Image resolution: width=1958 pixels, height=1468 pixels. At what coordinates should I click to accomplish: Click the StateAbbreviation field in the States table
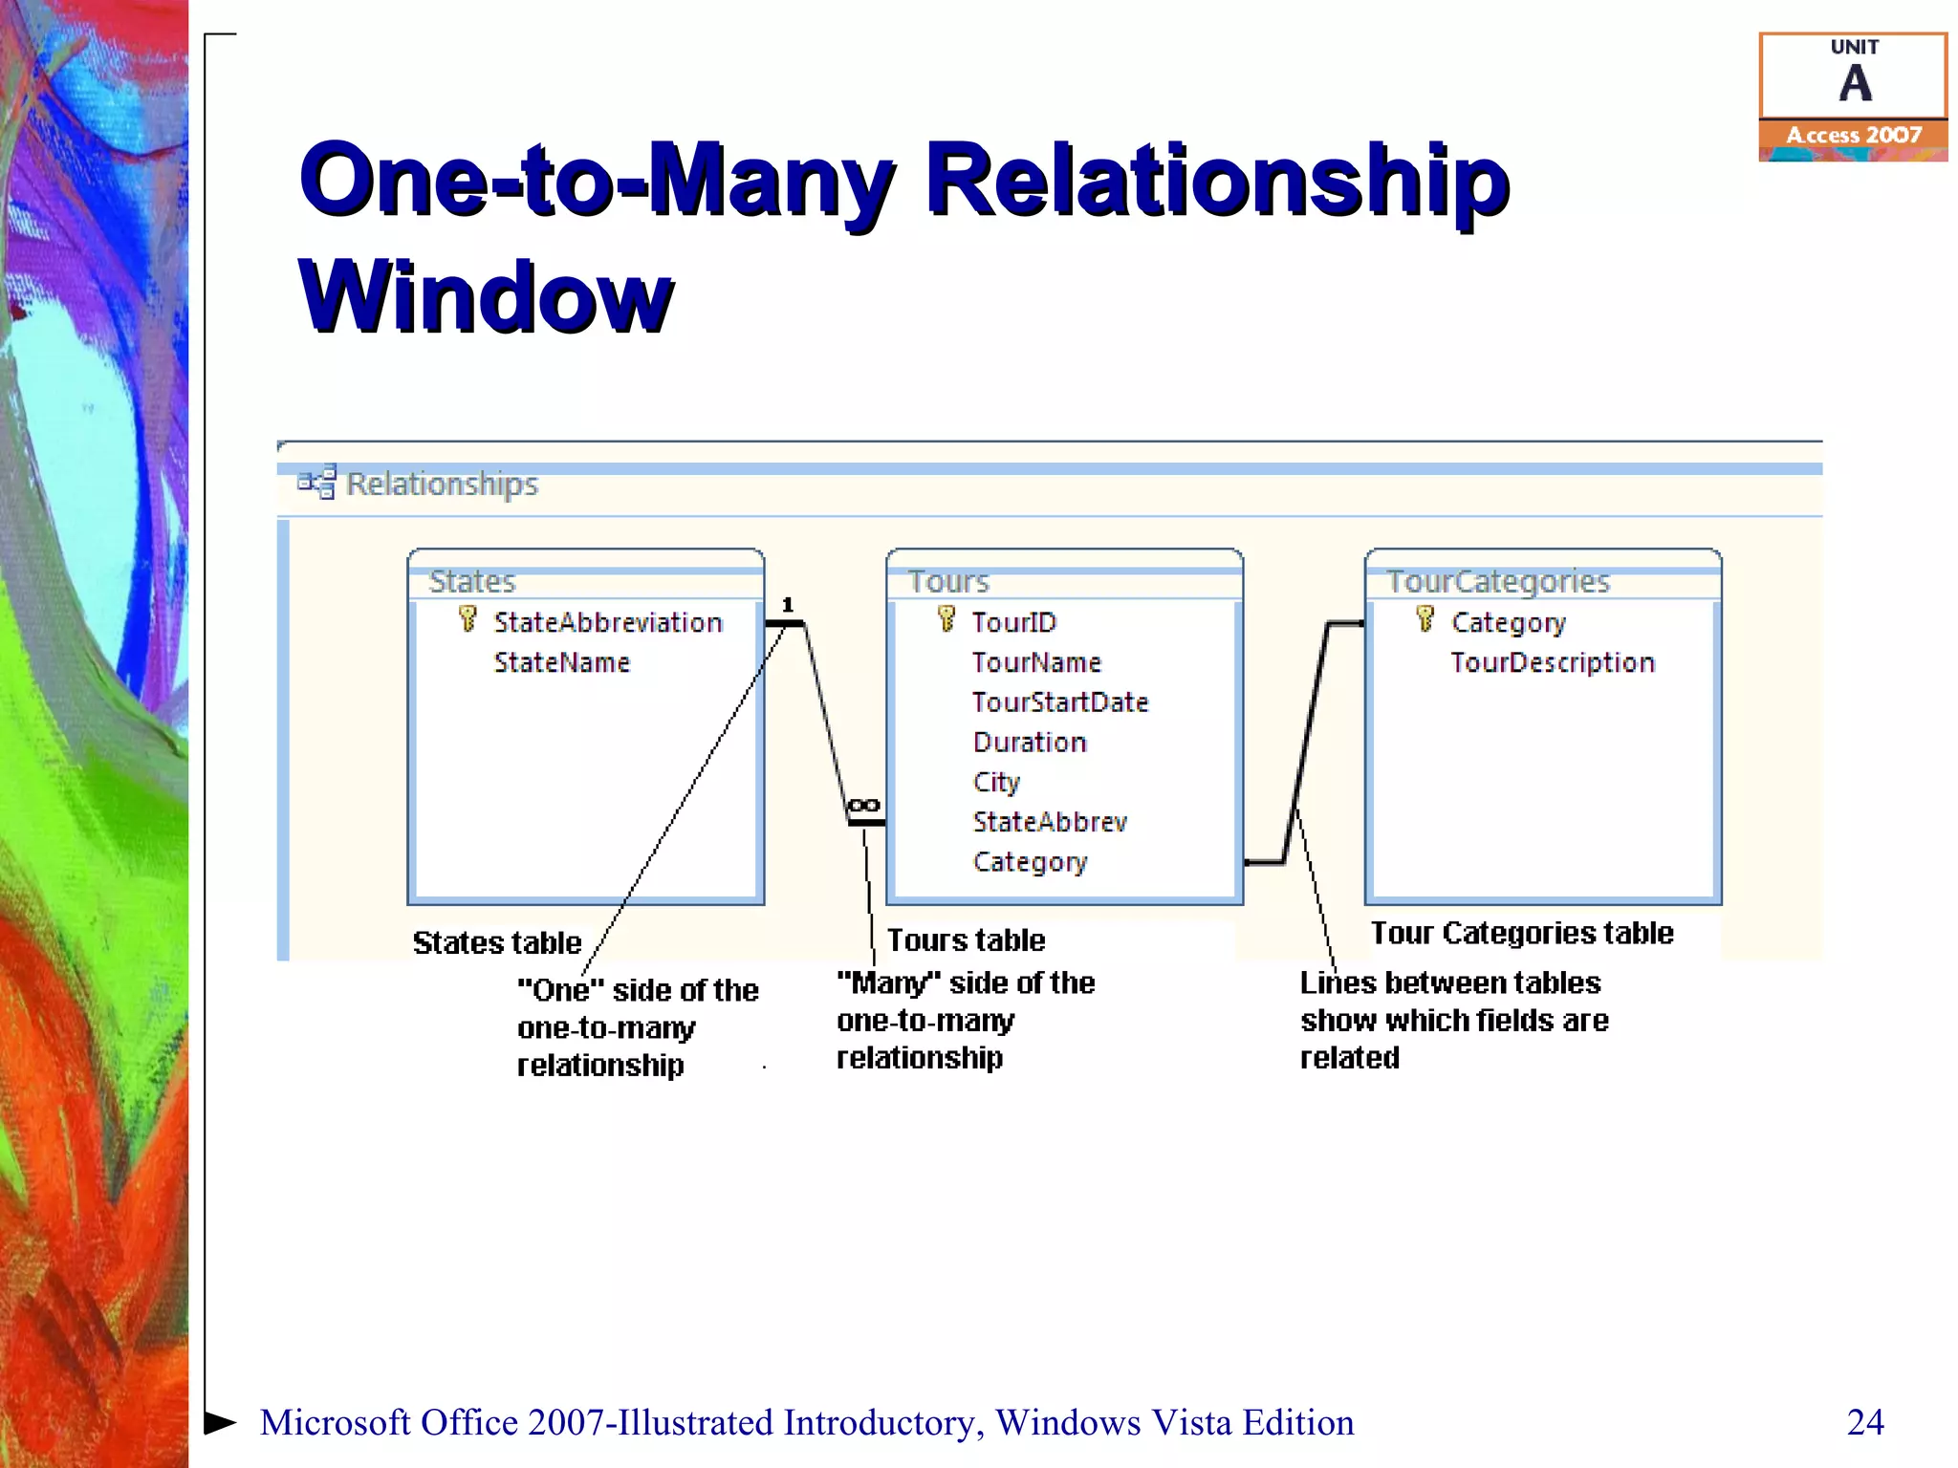(x=607, y=622)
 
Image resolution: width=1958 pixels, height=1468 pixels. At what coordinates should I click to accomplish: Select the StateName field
(x=561, y=662)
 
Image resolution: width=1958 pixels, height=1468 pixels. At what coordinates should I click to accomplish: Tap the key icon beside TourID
(x=946, y=619)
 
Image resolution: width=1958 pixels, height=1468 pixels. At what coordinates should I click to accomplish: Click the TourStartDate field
(x=1059, y=702)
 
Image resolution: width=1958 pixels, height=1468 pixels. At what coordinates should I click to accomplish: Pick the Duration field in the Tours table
(x=1029, y=743)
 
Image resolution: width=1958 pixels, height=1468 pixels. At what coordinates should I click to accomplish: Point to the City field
(x=996, y=782)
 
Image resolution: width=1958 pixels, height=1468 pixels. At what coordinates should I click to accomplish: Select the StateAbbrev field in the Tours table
(x=1049, y=822)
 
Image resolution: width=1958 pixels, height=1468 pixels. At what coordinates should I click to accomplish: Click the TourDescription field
(x=1552, y=662)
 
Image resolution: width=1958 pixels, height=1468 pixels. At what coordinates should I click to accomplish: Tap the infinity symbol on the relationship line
(x=863, y=806)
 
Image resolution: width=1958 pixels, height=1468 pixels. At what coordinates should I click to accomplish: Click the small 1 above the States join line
(x=788, y=604)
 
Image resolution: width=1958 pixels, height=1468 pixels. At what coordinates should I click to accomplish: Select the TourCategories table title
(x=1498, y=581)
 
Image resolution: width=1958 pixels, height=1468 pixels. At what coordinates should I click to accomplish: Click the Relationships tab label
(x=441, y=484)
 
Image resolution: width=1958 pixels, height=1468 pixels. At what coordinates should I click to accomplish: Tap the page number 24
(x=1864, y=1422)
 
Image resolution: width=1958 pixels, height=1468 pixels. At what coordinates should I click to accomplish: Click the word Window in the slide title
(x=486, y=297)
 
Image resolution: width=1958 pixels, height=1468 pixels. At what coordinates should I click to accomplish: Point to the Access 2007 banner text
(x=1853, y=136)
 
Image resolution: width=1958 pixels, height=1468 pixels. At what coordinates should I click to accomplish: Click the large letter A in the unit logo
(x=1855, y=84)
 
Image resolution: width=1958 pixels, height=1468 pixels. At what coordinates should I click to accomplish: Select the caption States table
(x=496, y=943)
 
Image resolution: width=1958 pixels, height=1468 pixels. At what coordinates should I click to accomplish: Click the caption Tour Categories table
(x=1521, y=933)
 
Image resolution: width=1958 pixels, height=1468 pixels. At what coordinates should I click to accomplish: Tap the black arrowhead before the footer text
(x=220, y=1422)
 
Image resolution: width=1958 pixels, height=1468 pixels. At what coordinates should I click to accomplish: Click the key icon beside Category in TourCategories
(x=1425, y=619)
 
